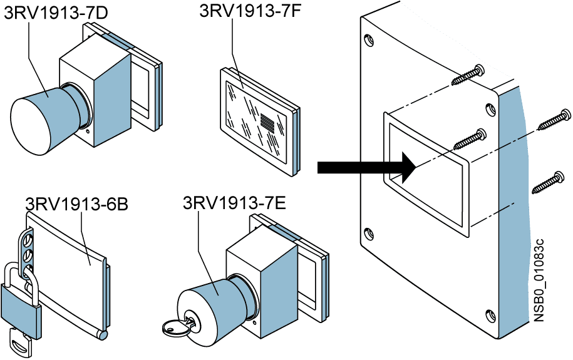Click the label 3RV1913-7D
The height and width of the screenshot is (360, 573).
(47, 13)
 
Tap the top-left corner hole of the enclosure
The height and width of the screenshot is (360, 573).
(369, 42)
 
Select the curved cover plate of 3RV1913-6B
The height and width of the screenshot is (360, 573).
(69, 263)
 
